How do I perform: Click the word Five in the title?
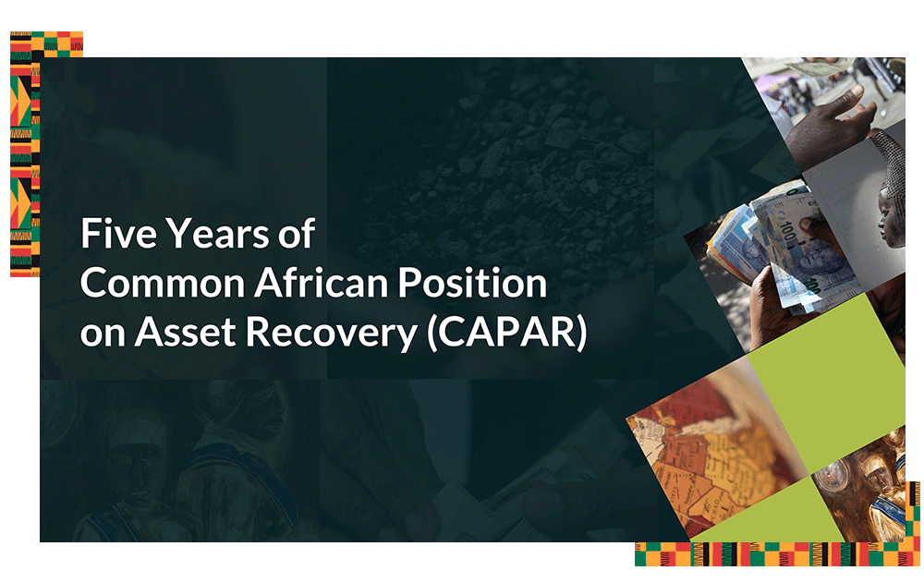click(x=118, y=234)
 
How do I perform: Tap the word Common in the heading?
click(x=163, y=283)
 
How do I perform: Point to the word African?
click(x=322, y=283)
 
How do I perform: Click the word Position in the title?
click(x=472, y=283)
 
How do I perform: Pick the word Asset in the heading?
click(x=186, y=332)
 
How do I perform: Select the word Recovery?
click(x=331, y=333)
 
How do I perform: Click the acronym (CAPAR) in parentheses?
click(x=506, y=333)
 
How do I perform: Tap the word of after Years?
click(x=297, y=234)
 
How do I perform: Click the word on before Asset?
click(x=103, y=335)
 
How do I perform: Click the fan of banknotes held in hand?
click(x=778, y=250)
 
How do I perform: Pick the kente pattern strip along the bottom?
click(x=777, y=554)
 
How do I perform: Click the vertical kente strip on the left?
click(x=25, y=154)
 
